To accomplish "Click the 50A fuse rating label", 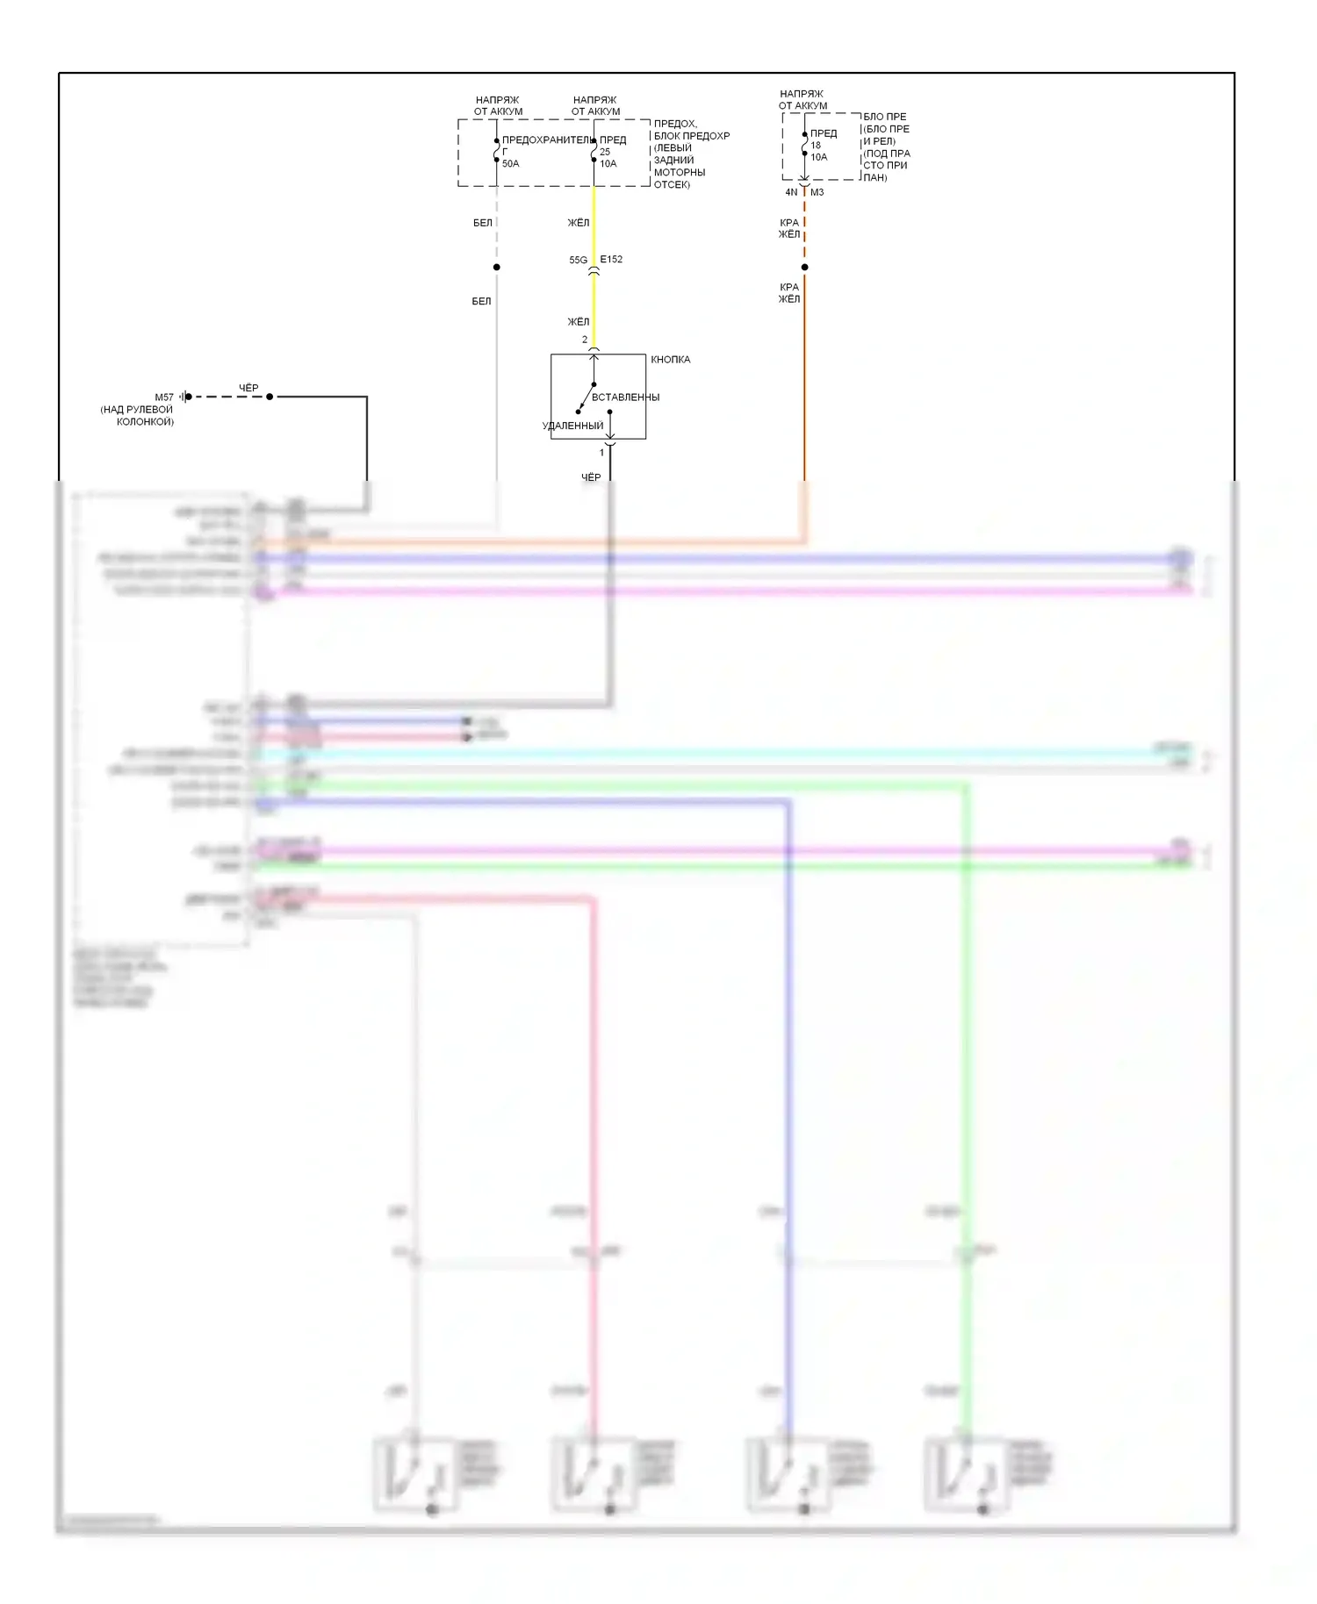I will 510,164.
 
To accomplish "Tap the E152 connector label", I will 611,260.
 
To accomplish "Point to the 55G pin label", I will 578,261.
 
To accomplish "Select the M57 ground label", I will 164,397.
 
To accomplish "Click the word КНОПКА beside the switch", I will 670,360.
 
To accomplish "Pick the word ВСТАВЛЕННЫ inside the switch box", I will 625,397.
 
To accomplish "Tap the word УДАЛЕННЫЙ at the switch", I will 572,426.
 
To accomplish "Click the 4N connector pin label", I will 791,192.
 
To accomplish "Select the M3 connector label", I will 817,192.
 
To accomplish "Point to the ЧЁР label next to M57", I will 248,388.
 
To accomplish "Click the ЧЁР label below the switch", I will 591,477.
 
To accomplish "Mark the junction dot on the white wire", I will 497,267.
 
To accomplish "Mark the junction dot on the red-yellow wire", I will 804,267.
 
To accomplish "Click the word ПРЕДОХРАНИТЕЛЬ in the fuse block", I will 547,140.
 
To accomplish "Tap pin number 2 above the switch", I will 585,340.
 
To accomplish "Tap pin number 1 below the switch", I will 601,453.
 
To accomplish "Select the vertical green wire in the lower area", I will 966,1053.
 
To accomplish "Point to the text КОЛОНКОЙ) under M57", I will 145,422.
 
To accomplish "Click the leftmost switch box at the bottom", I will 414,1474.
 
